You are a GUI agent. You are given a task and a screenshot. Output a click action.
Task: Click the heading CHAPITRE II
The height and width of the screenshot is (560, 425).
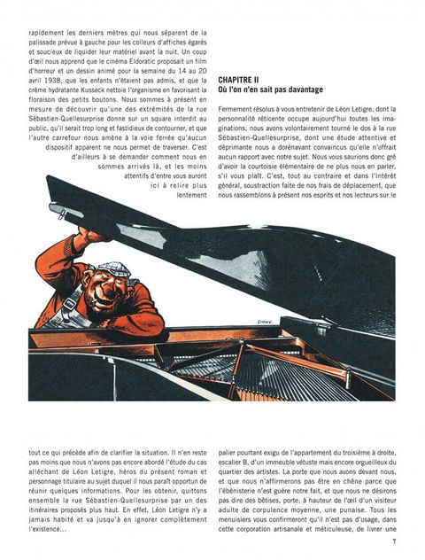[x=238, y=80]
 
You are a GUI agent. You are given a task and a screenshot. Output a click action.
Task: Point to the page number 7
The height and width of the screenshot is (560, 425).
[x=394, y=541]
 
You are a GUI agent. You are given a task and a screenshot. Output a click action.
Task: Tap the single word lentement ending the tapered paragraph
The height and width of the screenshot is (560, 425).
[x=191, y=195]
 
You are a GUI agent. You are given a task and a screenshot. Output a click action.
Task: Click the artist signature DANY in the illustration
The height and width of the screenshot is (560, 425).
[x=265, y=322]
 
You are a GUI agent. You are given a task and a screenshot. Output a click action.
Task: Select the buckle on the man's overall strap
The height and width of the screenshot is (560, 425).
[x=71, y=304]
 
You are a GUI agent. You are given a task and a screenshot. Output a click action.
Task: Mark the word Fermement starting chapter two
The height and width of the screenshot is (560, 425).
[x=233, y=109]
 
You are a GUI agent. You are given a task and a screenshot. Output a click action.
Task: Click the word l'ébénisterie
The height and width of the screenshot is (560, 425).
[x=237, y=491]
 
